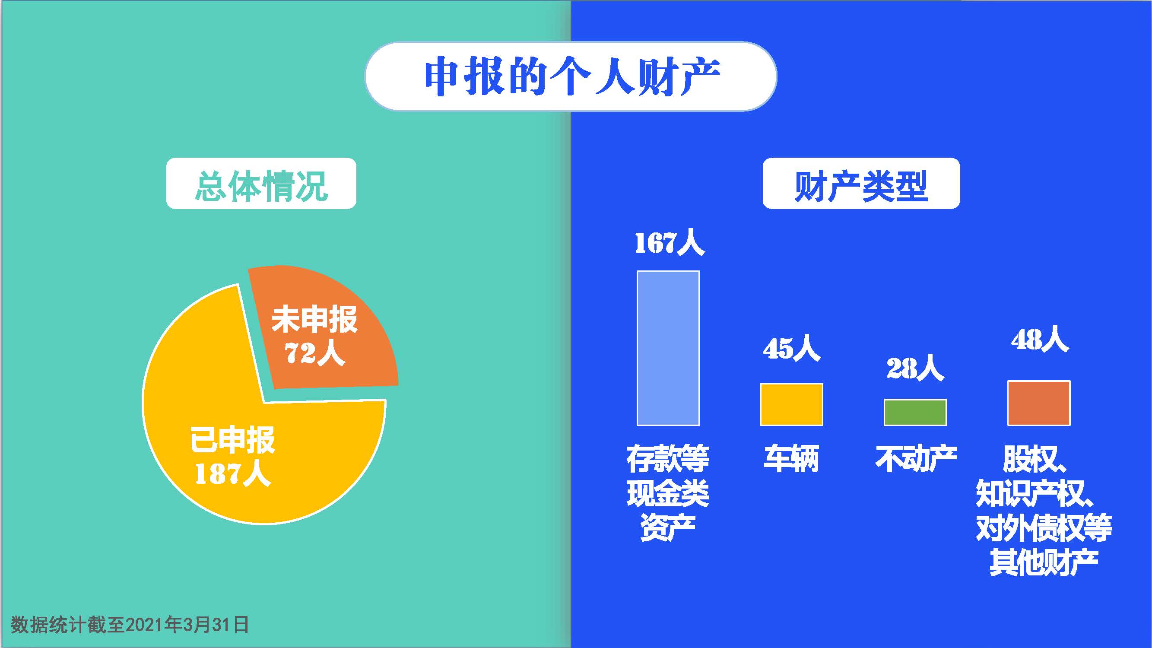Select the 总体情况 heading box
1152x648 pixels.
(x=261, y=183)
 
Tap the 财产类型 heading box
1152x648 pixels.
(x=861, y=183)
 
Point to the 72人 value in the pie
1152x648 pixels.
(x=315, y=353)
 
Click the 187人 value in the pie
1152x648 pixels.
(x=233, y=473)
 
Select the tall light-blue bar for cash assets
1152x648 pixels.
(x=668, y=348)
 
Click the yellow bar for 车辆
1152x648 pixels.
(x=792, y=404)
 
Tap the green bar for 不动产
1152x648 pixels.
(x=915, y=412)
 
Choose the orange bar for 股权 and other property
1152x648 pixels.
(x=1038, y=403)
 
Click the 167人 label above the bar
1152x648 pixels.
(x=670, y=243)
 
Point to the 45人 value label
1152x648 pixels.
(x=792, y=349)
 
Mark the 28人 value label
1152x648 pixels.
(x=915, y=368)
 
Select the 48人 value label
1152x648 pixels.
(x=1040, y=340)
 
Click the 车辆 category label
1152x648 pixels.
(x=792, y=459)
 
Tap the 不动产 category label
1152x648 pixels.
(x=916, y=459)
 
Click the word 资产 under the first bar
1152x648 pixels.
(x=668, y=528)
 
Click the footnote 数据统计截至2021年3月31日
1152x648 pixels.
(x=130, y=625)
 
